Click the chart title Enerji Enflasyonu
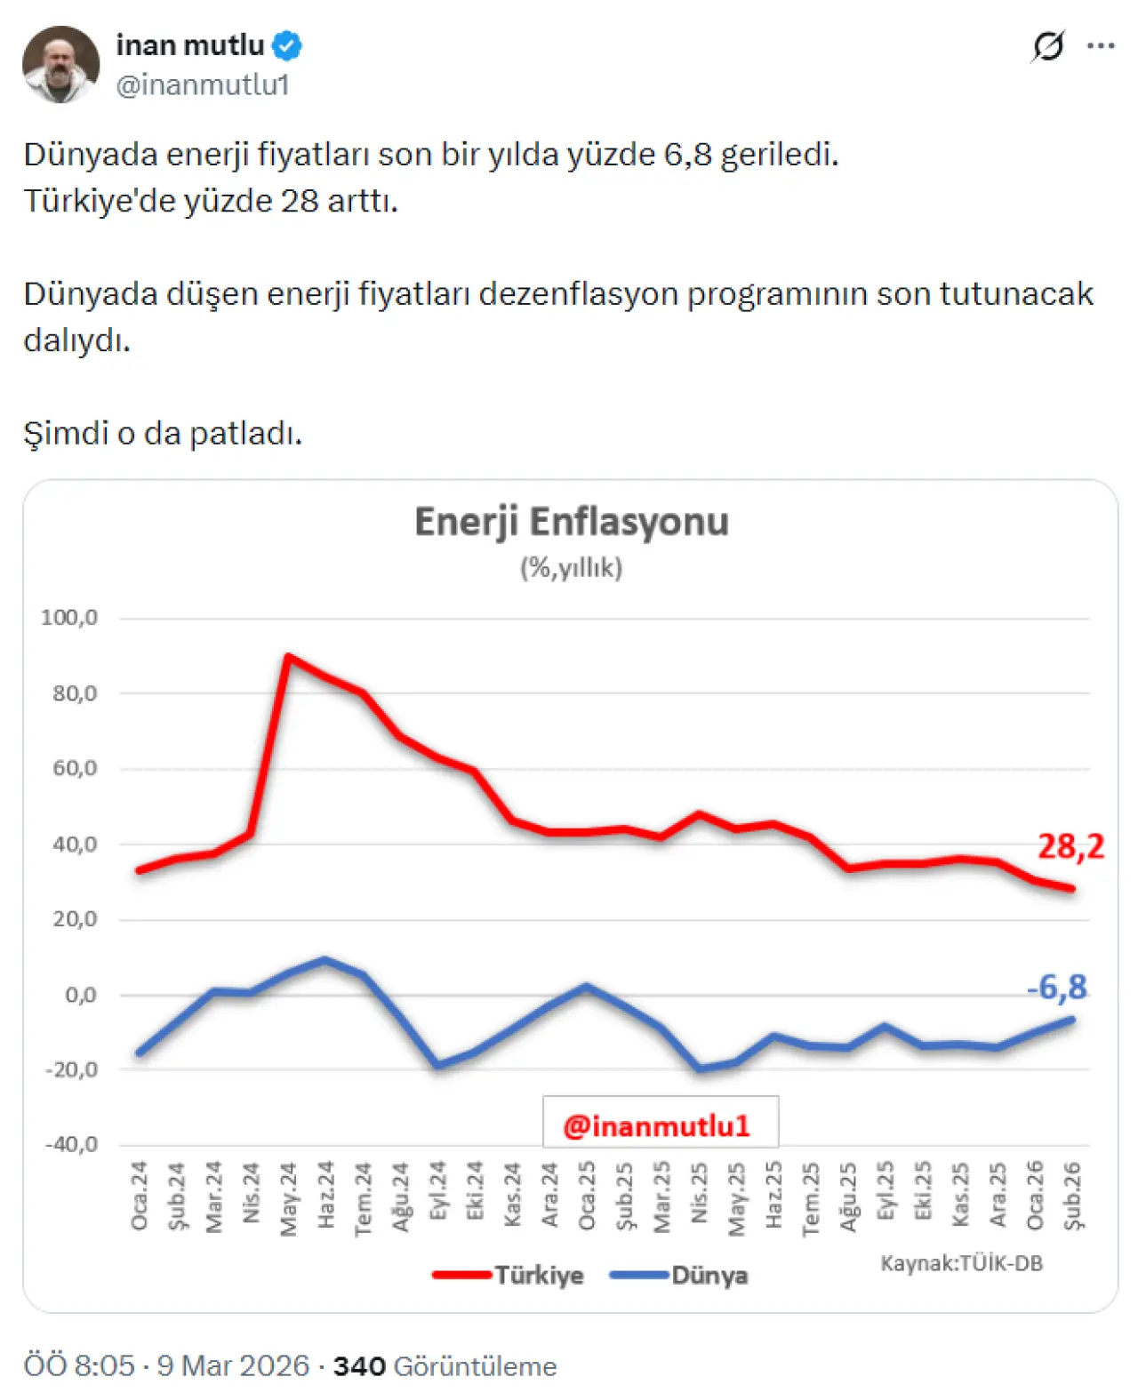tap(571, 522)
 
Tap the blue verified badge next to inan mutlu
tap(287, 44)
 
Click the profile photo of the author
tap(60, 64)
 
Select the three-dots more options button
tap(1101, 46)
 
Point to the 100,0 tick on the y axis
tap(69, 617)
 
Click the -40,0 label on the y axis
tap(71, 1144)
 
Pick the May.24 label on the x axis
tap(288, 1198)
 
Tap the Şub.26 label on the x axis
tap(1073, 1196)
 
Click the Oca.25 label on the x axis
tap(587, 1196)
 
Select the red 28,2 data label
tap(1070, 846)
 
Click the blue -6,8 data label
tap(1056, 987)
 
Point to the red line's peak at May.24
tap(287, 657)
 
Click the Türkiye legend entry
tap(538, 1275)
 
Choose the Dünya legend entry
tap(709, 1275)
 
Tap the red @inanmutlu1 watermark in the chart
tap(657, 1125)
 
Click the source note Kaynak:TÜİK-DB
tap(961, 1263)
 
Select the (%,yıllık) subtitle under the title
tap(571, 567)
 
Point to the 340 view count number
tap(359, 1365)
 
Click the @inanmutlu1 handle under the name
tap(203, 84)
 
